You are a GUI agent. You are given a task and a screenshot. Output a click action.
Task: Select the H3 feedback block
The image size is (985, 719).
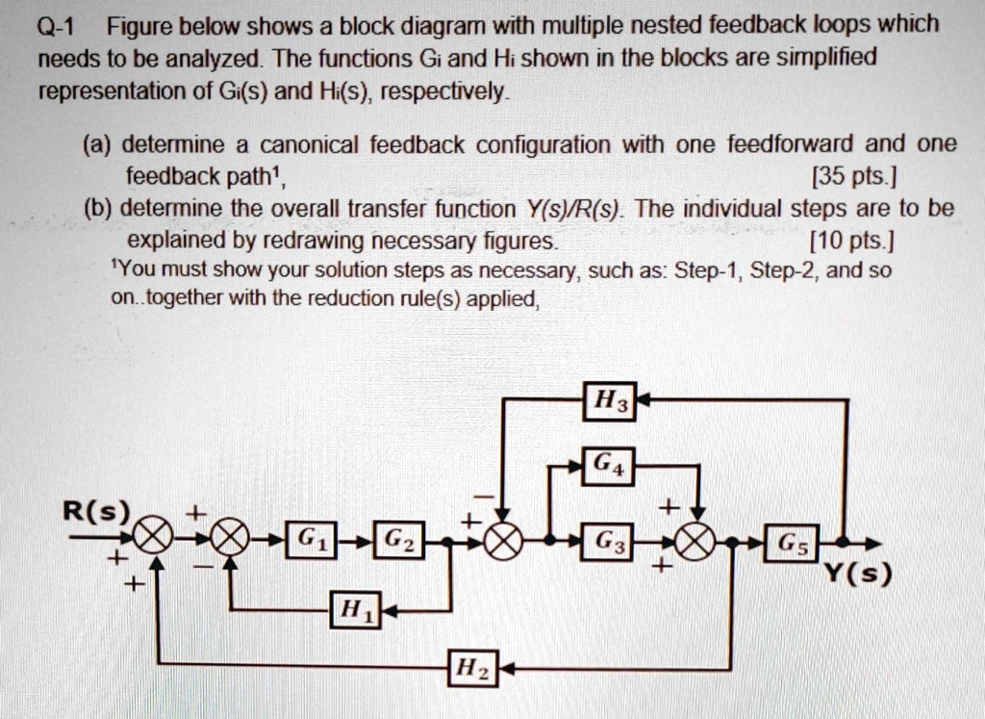tap(610, 399)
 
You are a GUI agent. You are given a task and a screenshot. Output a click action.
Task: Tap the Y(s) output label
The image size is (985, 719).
tap(859, 576)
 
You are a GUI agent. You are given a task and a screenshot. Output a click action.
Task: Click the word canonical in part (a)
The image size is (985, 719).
tap(302, 145)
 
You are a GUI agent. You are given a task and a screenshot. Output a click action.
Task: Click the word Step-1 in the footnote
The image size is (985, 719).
tap(707, 270)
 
